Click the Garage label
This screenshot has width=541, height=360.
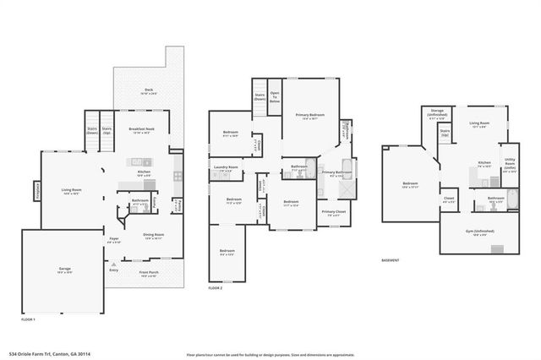tap(64, 269)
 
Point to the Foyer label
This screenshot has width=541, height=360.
tap(114, 240)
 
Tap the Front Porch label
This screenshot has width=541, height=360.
tap(149, 273)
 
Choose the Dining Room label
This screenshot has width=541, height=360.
tap(154, 236)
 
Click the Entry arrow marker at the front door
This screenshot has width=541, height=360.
tap(112, 270)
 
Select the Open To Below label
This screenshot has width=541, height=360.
tap(275, 96)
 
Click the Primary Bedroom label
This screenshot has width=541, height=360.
tap(310, 115)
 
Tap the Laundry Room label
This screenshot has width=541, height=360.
tap(226, 168)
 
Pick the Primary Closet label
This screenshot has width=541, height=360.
tap(332, 213)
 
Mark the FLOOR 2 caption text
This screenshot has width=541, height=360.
tap(217, 289)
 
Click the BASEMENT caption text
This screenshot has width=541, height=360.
tap(390, 260)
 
